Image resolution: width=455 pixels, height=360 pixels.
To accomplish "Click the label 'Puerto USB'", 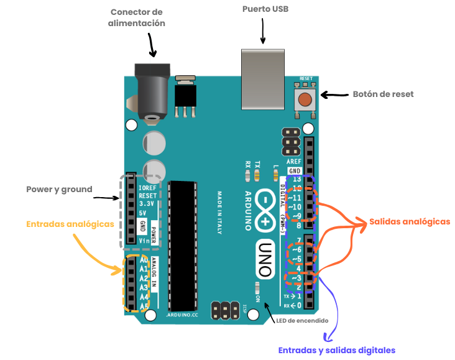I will coord(265,9).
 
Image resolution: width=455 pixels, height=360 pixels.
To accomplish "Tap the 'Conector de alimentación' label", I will coord(137,17).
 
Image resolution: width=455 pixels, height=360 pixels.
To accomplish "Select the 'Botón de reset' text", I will coord(383,95).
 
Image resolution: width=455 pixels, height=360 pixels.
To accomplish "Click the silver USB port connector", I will coord(263,77).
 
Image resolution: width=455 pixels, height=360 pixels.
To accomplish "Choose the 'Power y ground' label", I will coord(59,189).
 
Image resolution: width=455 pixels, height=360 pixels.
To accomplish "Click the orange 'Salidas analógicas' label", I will coord(409,221).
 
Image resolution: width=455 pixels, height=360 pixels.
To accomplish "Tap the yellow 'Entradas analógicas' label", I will coord(70,224).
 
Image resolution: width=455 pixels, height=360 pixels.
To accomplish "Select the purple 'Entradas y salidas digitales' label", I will coord(336,350).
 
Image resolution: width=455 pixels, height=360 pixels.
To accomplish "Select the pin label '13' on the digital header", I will coord(298,180).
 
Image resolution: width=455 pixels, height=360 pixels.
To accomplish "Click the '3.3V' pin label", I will coord(146,203).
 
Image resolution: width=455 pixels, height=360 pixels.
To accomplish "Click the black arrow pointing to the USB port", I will coord(264,31).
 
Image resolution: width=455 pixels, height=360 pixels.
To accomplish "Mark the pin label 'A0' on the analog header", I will coord(144,260).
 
